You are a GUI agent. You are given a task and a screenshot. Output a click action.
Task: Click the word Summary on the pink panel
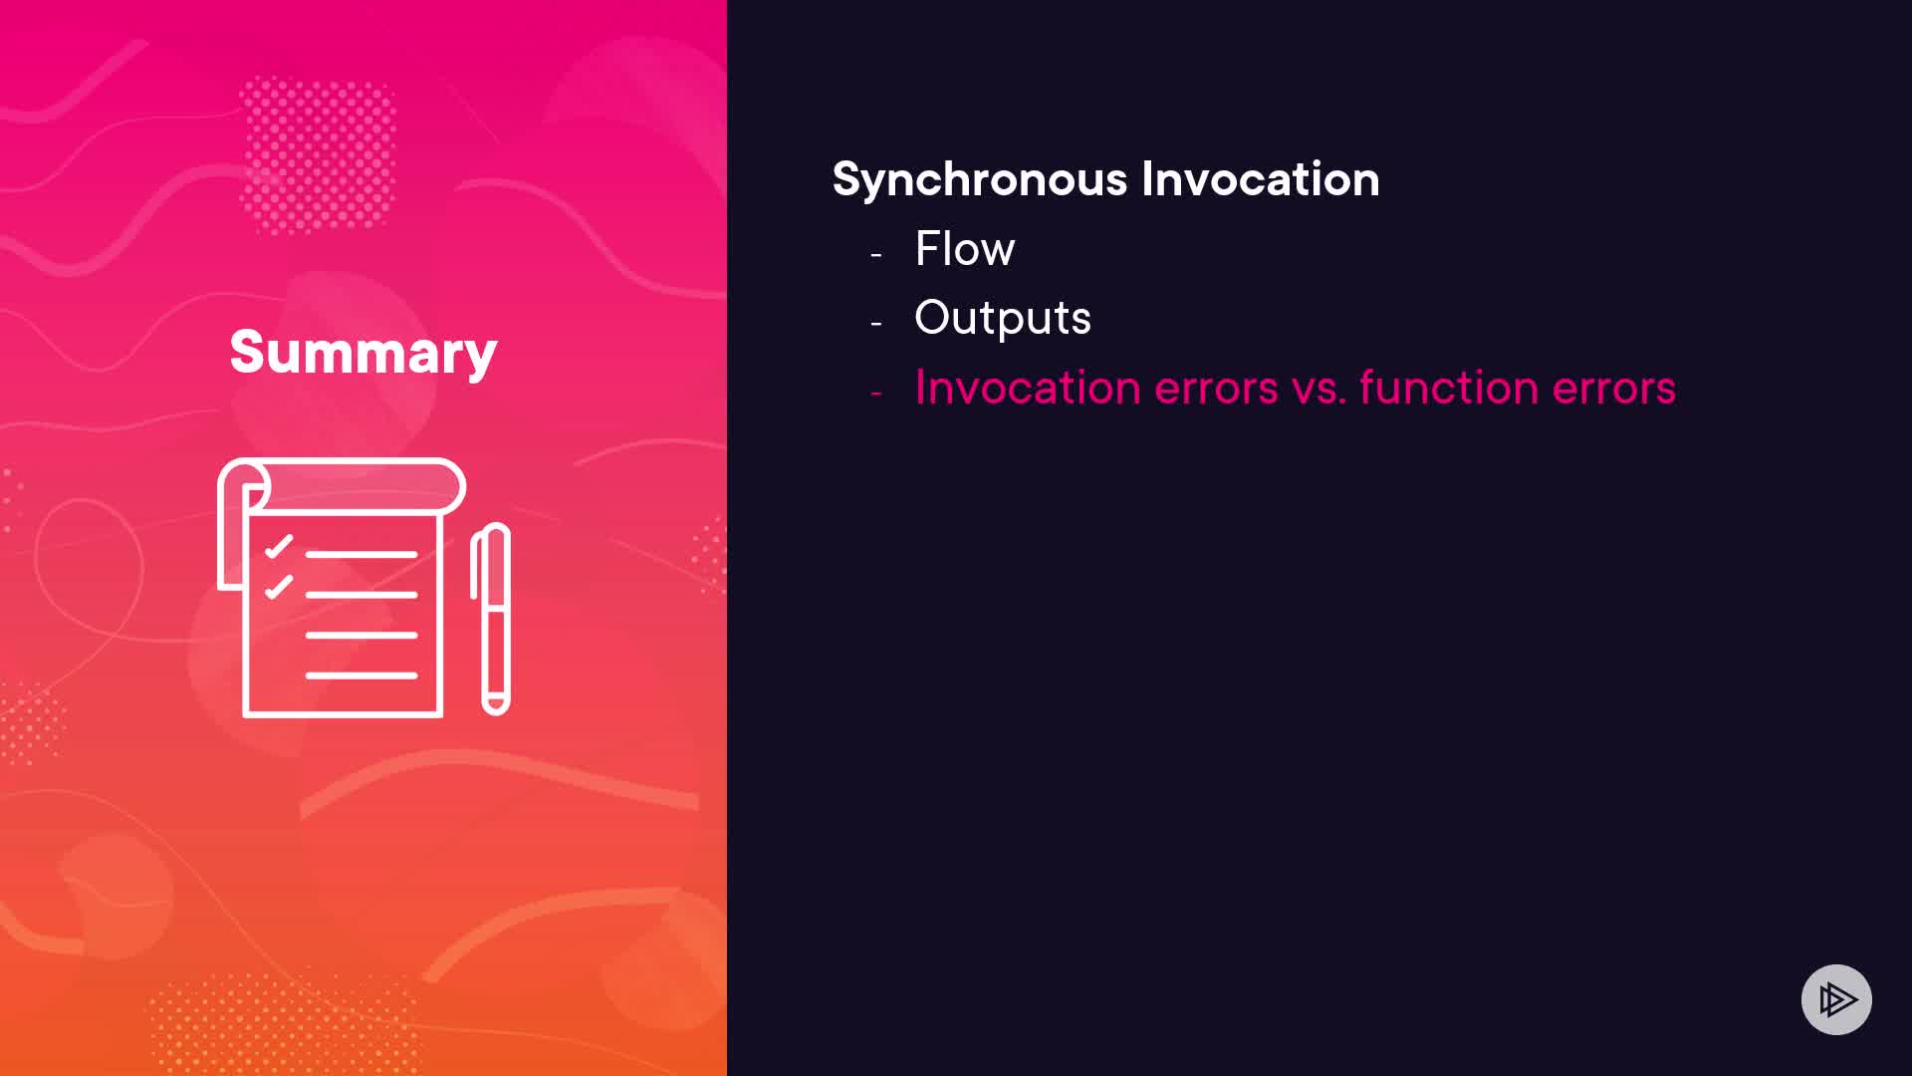363,353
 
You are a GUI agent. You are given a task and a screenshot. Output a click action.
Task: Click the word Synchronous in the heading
980,180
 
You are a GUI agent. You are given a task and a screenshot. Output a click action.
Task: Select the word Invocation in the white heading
1261,179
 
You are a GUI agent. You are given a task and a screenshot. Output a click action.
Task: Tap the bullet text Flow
965,248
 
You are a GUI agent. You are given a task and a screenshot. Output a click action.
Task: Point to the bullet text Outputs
1003,319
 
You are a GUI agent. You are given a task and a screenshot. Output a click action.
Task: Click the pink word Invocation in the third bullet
1028,387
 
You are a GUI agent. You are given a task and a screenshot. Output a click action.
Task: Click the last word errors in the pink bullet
1614,389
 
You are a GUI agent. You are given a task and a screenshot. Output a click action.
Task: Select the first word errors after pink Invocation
1216,389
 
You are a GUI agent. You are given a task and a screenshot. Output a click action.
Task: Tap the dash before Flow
876,255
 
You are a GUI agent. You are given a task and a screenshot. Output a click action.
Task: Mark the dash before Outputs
876,324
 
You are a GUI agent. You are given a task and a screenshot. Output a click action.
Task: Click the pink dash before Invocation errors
876,394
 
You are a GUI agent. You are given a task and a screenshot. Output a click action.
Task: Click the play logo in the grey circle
1836,999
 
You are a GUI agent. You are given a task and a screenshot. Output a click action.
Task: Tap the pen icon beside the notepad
491,619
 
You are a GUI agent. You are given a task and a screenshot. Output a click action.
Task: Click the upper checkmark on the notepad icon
279,546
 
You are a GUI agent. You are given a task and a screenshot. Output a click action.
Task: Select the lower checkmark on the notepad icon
279,587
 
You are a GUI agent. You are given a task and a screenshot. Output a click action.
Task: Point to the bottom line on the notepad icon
360,675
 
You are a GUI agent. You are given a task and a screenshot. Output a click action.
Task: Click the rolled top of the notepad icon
342,485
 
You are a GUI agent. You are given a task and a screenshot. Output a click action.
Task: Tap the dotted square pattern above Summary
318,154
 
